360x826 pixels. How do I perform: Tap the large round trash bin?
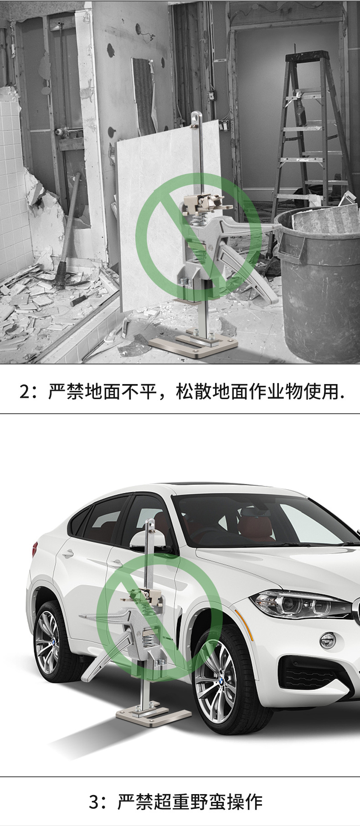[319, 282]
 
